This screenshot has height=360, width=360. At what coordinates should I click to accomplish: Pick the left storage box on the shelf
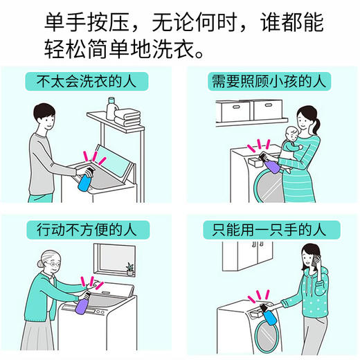(233, 110)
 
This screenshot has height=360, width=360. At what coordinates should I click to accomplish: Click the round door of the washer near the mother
(269, 186)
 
